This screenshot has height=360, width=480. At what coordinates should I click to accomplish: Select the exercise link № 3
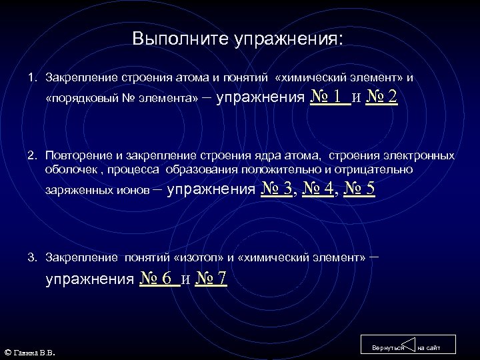point(277,189)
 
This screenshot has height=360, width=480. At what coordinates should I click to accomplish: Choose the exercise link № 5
point(359,189)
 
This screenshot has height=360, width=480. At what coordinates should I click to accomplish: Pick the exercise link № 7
point(211,279)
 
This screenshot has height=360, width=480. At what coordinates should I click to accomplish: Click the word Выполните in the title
point(179,39)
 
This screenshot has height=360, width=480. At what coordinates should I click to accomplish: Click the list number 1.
point(31,78)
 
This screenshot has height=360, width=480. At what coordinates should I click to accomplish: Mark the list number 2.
point(31,156)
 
